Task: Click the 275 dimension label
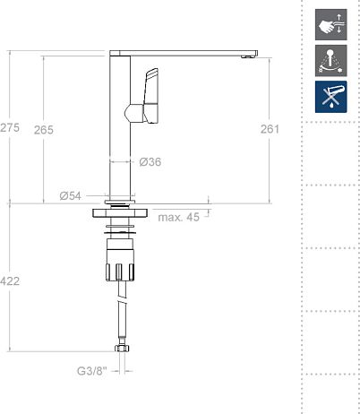(10, 129)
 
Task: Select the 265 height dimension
(44, 130)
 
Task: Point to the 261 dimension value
(270, 130)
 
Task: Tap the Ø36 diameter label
(150, 162)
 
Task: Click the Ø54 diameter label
(71, 195)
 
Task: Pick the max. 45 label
(179, 216)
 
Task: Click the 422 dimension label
(10, 281)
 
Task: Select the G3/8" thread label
(92, 369)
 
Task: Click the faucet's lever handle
(149, 94)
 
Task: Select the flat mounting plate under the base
(122, 213)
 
